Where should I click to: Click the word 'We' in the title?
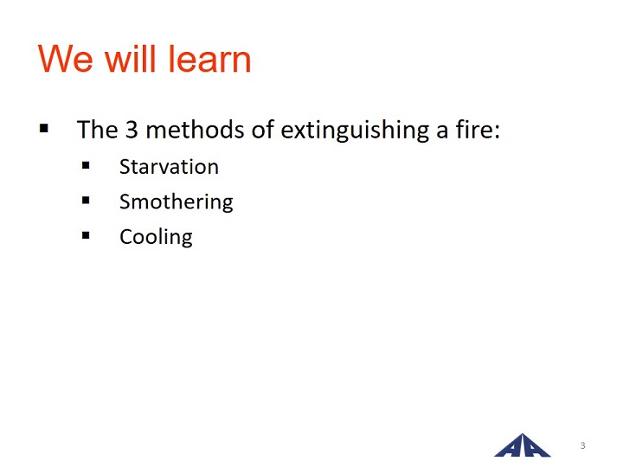coord(66,59)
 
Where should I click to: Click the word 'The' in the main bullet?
coord(97,130)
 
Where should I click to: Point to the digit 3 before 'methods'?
coord(132,130)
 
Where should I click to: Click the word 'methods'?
coord(195,130)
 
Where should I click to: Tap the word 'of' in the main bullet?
coord(263,130)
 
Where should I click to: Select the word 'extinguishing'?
coord(355,131)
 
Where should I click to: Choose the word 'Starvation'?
coord(170,166)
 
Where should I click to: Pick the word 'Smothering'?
coord(177,202)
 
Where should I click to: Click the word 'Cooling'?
coord(156,237)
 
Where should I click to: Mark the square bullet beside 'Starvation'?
coord(86,165)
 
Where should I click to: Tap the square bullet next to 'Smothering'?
coord(86,200)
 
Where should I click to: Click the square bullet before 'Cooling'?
coord(86,235)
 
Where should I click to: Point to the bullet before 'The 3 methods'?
coord(44,128)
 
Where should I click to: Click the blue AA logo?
coord(522,445)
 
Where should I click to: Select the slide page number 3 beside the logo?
coord(582,445)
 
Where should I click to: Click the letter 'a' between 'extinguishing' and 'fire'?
coord(442,131)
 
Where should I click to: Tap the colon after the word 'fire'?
coord(497,131)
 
